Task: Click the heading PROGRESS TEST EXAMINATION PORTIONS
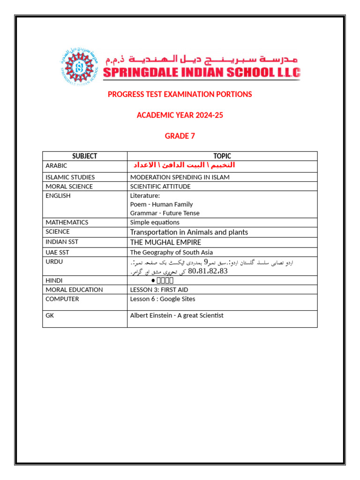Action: (180, 94)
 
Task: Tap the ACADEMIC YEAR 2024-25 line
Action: (180, 115)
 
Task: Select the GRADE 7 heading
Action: (180, 136)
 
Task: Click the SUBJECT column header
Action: (85, 156)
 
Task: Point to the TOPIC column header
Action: (222, 156)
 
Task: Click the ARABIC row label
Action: (57, 166)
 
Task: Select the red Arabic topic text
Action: (184, 165)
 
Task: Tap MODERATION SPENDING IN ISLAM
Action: (180, 177)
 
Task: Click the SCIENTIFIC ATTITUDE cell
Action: (160, 187)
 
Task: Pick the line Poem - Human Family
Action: (161, 204)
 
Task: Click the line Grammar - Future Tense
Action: (165, 213)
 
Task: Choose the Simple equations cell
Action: (155, 223)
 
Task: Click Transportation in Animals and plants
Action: (189, 232)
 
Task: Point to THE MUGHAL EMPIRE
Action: (165, 242)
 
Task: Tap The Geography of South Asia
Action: (172, 252)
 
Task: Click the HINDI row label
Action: (54, 280)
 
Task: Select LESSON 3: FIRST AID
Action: (159, 290)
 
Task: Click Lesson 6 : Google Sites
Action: (163, 299)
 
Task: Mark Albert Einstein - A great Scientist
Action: (177, 315)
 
